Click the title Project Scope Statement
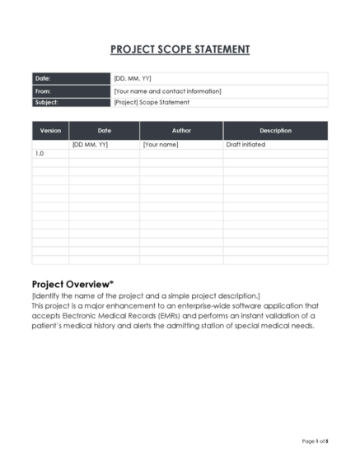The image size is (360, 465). tap(180, 49)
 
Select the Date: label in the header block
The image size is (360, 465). tap(43, 78)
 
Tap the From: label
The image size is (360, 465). tap(44, 91)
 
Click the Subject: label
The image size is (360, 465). tap(46, 102)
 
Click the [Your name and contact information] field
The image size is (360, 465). tap(167, 91)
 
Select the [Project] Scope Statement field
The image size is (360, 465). tap(152, 102)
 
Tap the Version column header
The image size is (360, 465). tap(50, 130)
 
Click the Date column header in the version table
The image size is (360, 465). tap(104, 130)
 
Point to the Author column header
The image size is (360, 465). tap(181, 130)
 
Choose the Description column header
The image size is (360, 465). tap(275, 130)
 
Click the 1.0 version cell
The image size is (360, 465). tap(39, 153)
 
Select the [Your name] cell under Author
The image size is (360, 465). tap(161, 144)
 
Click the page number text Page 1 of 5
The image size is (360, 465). tap(314, 441)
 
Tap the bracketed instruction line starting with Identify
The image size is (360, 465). tap(145, 295)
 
